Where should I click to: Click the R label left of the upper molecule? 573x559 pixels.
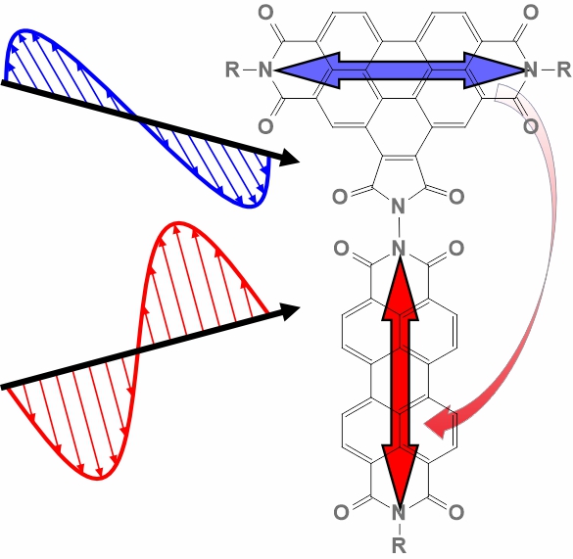click(x=233, y=70)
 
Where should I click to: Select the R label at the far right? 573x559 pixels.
click(x=564, y=70)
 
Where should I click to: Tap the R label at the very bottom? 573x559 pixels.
click(x=399, y=545)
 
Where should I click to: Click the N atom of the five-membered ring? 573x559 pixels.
click(x=399, y=206)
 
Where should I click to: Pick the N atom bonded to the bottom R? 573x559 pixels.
click(x=399, y=513)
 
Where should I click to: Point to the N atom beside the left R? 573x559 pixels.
click(x=265, y=70)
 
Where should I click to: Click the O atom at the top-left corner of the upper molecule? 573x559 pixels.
click(x=265, y=13)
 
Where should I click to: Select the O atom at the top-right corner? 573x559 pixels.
click(x=531, y=13)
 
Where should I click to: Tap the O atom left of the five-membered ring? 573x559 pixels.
click(x=340, y=197)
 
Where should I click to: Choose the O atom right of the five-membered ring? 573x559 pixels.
click(x=456, y=197)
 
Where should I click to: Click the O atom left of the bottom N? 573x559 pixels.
click(x=341, y=512)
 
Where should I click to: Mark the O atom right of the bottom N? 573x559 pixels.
click(x=456, y=512)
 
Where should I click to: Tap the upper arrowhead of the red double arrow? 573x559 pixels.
click(x=401, y=289)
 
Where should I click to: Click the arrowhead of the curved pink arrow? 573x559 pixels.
click(x=440, y=422)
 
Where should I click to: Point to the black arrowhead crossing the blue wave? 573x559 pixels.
click(x=289, y=158)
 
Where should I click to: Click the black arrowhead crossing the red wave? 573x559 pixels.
click(x=291, y=311)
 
